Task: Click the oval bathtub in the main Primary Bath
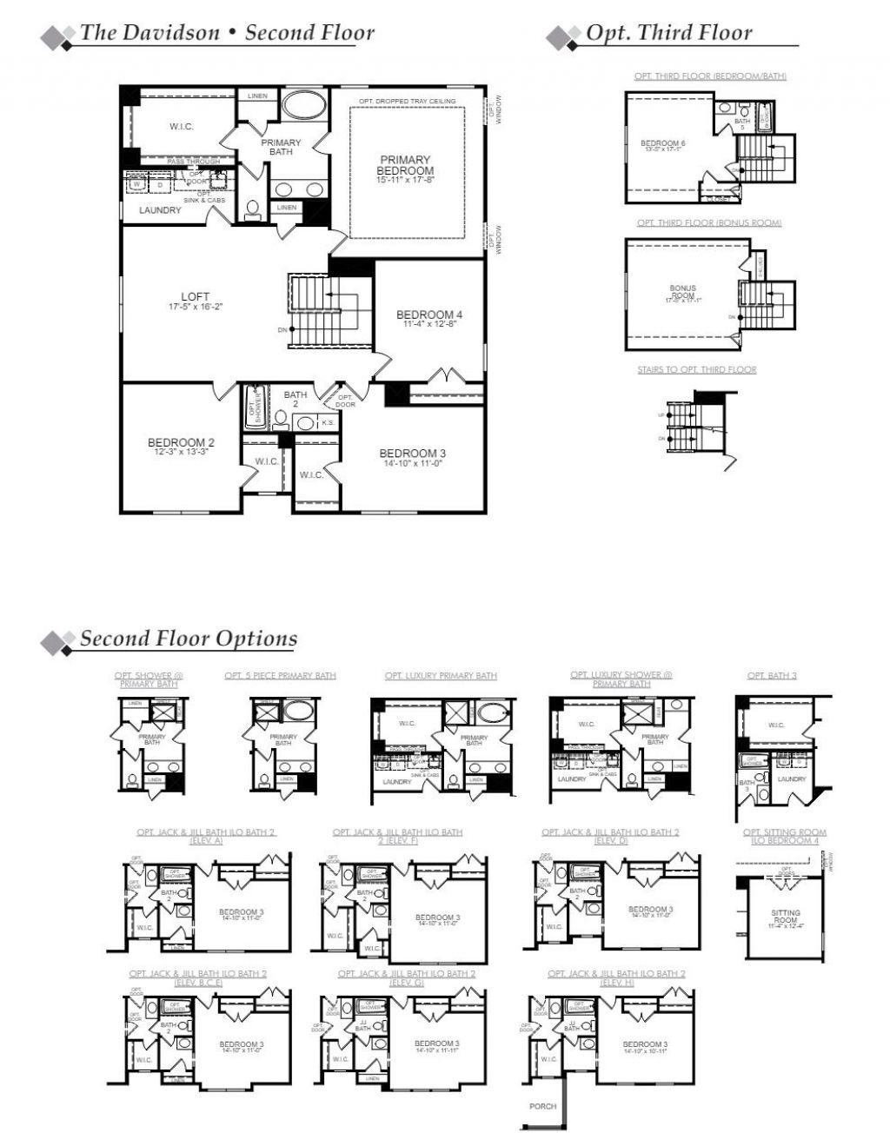click(303, 106)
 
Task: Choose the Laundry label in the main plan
click(160, 210)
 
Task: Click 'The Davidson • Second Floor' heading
click(227, 33)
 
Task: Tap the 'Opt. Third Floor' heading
click(668, 33)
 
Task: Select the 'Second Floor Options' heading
click(189, 639)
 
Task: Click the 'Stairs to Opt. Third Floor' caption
click(696, 370)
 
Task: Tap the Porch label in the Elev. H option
click(542, 1106)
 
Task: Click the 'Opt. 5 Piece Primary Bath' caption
click(280, 676)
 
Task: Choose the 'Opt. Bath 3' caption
click(772, 676)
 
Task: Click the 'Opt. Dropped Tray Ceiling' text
click(407, 102)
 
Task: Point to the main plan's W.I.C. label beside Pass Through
click(181, 127)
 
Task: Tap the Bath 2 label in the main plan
click(295, 400)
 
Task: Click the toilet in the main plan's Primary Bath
click(253, 209)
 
